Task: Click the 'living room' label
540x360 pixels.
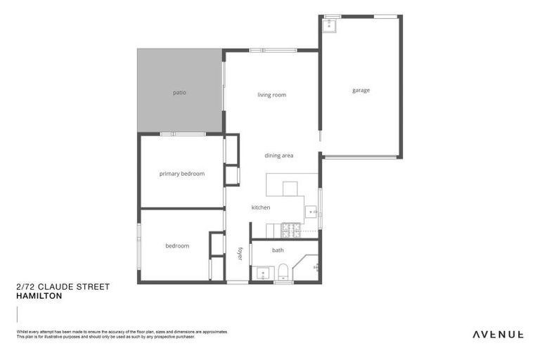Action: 271,95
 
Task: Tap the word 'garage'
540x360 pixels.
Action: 361,90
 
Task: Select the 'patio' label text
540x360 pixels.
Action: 179,92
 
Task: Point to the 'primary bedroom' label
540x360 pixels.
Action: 181,174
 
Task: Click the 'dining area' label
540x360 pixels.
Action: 278,155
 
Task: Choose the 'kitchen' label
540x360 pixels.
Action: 261,207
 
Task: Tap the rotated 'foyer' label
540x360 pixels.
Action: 240,254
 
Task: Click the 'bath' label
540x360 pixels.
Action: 278,250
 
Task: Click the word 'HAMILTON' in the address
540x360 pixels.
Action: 39,296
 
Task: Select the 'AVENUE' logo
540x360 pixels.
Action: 497,334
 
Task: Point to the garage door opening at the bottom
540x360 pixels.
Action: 361,156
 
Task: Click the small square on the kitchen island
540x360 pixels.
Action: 290,188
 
